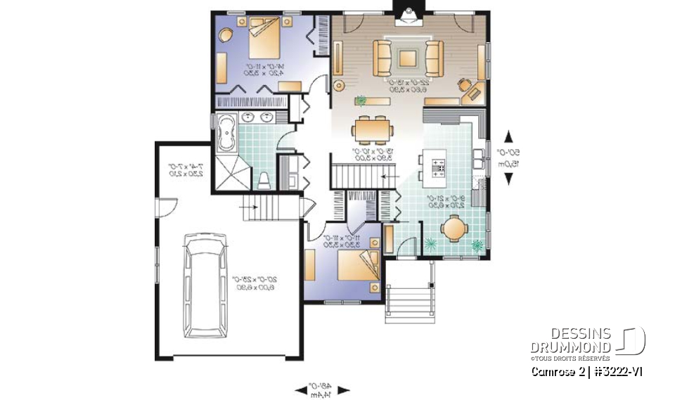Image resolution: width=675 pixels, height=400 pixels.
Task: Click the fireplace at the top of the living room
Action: click(408, 16)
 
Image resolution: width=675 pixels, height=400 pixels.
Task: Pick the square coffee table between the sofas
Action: click(409, 59)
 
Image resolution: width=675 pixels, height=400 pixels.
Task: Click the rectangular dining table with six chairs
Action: click(372, 129)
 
